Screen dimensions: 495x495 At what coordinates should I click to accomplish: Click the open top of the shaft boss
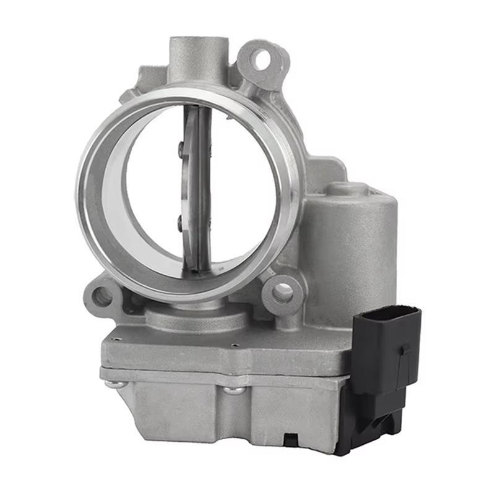pyautogui.click(x=198, y=44)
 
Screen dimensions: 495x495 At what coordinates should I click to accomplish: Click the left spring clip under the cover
pyautogui.click(x=116, y=384)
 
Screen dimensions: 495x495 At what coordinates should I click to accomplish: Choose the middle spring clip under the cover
pyautogui.click(x=233, y=390)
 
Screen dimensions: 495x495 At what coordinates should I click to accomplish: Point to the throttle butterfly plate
pyautogui.click(x=197, y=186)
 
